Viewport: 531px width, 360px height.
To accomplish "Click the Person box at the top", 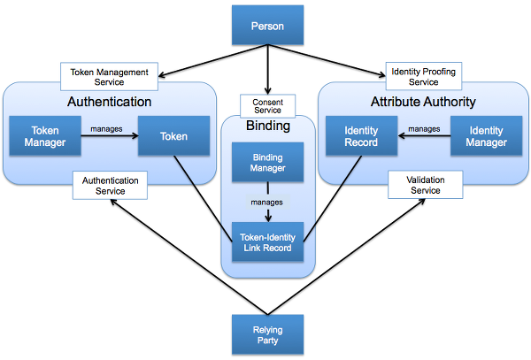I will pyautogui.click(x=266, y=26).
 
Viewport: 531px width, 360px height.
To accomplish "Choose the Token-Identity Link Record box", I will pyautogui.click(x=266, y=239).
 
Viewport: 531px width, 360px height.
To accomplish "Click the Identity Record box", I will pyautogui.click(x=361, y=136).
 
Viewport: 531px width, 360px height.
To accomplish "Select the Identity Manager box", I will pyautogui.click(x=486, y=136).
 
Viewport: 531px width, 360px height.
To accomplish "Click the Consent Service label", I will pyautogui.click(x=266, y=105).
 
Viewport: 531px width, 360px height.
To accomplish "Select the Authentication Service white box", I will pyautogui.click(x=111, y=185).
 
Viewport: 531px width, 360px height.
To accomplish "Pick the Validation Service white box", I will pyautogui.click(x=425, y=185).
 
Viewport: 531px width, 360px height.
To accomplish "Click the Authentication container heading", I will pyautogui.click(x=110, y=102).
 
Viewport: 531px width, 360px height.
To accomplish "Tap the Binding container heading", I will pyautogui.click(x=266, y=126).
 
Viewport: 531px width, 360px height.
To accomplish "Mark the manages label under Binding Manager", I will pyautogui.click(x=266, y=202).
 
